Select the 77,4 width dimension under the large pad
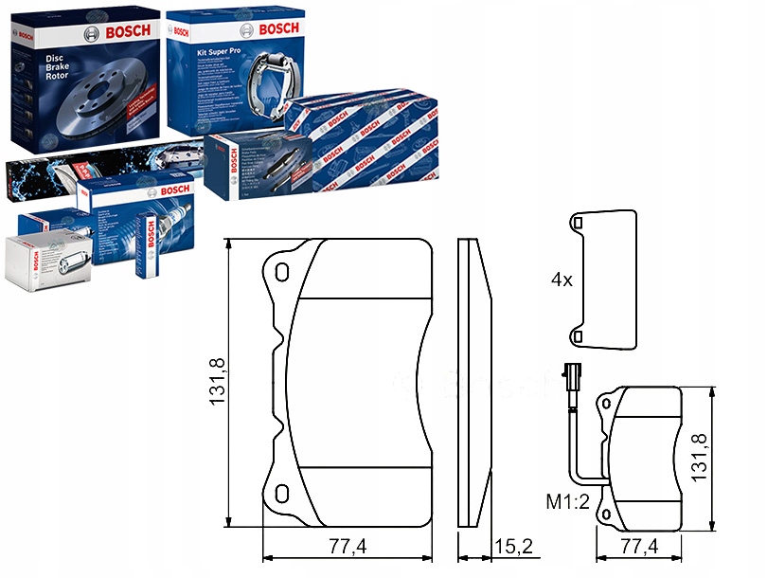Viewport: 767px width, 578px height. pos(348,546)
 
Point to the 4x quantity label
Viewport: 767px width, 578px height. pos(562,280)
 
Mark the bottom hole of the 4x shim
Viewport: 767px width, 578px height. pos(578,336)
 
